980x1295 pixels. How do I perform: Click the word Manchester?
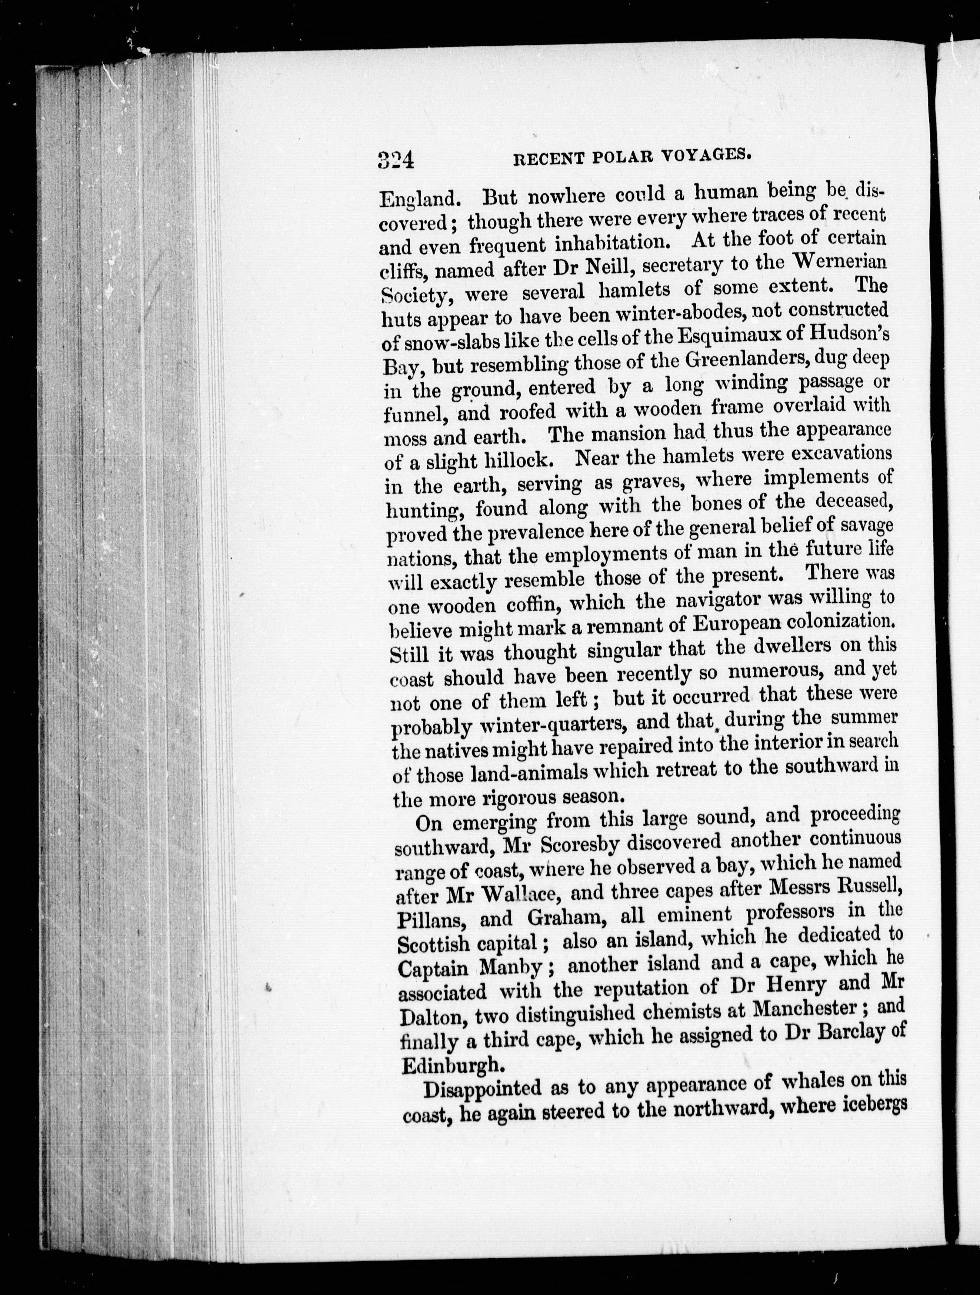coord(801,1009)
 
